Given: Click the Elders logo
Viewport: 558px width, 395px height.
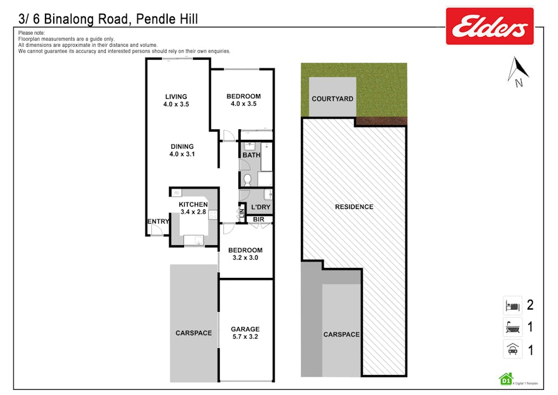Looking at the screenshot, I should pos(490,26).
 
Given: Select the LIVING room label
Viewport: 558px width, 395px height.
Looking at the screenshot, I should pos(176,97).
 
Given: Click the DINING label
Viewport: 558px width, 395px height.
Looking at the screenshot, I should pos(182,147).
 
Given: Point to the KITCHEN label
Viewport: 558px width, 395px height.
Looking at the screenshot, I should pos(193,204).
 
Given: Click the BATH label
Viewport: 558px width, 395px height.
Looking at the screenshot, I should pos(251,155).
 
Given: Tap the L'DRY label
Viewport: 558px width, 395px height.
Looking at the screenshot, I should pos(261,208).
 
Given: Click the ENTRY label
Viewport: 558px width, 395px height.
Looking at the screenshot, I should pos(158,221).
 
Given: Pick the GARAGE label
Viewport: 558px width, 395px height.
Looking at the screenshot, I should pos(245,329).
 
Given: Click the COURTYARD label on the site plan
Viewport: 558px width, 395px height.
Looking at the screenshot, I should pos(332,98).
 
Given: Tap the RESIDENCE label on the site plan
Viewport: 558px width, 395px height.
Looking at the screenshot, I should pos(353,207).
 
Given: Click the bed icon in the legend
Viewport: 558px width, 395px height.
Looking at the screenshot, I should pos(511,305).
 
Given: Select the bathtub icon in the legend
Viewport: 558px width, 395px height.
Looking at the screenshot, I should pos(511,327).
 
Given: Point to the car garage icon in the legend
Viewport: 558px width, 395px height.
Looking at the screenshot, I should pos(511,350).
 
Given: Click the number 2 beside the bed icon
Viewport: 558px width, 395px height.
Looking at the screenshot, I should pos(530,305).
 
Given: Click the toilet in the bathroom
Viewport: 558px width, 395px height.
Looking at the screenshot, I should pos(247,179).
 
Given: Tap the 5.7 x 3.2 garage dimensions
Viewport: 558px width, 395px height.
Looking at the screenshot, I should pos(245,336).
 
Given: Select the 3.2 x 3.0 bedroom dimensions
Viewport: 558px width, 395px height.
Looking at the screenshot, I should pos(245,257).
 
